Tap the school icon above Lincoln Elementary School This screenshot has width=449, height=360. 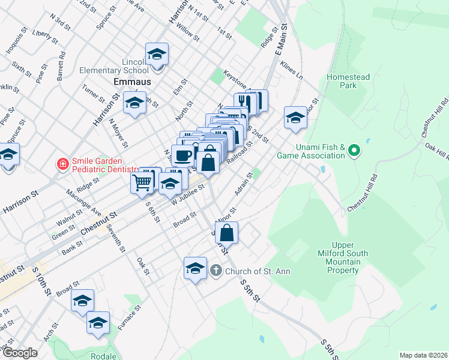(x=157, y=55)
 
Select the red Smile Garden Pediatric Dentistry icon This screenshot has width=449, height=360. (x=62, y=163)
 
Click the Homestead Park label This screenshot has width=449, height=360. (x=348, y=81)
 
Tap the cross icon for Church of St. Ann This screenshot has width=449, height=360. (x=217, y=271)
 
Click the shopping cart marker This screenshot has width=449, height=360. (x=143, y=181)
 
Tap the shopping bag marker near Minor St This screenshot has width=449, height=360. (x=226, y=233)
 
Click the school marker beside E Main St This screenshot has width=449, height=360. (x=295, y=118)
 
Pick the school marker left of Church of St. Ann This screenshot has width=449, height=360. (x=195, y=269)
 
